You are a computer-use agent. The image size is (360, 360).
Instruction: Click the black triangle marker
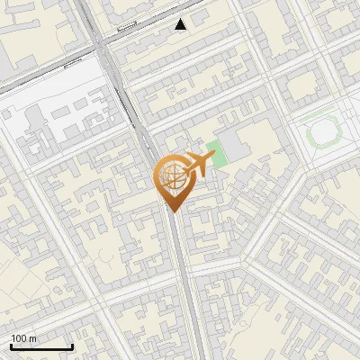[181, 24]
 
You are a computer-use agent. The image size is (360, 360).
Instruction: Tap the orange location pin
[173, 180]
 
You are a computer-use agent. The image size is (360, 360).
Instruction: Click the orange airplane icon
[198, 165]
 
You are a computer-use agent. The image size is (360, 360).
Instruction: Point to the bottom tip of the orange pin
[173, 211]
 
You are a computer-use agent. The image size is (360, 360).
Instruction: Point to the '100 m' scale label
[24, 338]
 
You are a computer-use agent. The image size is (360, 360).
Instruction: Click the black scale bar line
[41, 347]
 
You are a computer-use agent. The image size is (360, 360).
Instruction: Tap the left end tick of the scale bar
[11, 345]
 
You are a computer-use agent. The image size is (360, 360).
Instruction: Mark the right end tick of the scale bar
[72, 345]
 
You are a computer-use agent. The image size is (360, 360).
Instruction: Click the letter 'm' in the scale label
[33, 338]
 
